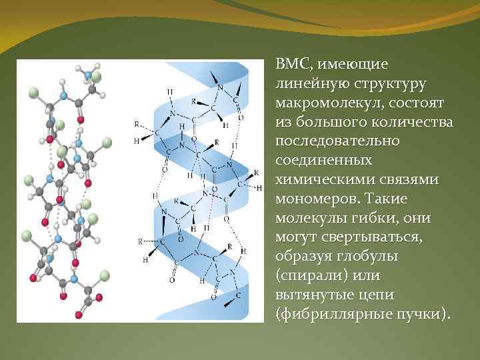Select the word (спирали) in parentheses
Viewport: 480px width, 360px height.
coord(310,276)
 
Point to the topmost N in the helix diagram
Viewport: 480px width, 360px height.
coord(220,87)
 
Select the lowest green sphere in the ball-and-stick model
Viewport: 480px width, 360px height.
coord(105,274)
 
